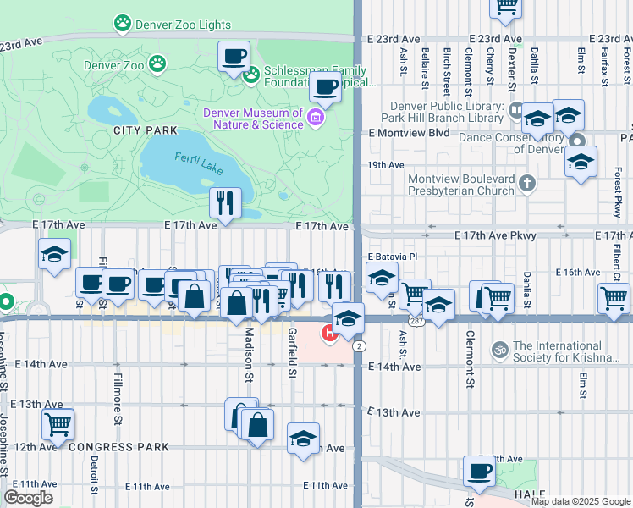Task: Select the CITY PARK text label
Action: [146, 130]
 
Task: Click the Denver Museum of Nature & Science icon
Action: [316, 116]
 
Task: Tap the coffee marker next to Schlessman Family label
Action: [234, 58]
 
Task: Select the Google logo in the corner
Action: [28, 498]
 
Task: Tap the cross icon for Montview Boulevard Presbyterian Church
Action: [527, 183]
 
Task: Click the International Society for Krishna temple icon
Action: [499, 348]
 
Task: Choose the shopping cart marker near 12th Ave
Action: [58, 424]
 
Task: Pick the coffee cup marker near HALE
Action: [479, 472]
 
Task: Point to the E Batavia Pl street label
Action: [394, 257]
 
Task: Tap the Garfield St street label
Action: [291, 353]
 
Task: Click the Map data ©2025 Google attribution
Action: [581, 501]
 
